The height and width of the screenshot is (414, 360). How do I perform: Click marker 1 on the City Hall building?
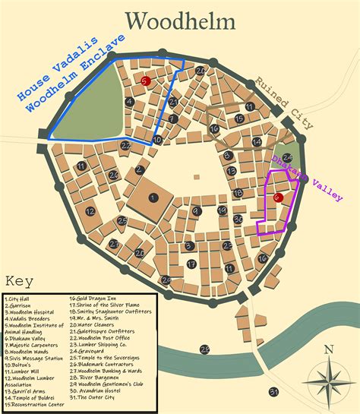[x=153, y=198]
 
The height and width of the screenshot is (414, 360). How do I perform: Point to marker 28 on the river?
[x=204, y=349]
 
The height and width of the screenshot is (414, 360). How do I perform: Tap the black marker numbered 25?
[x=123, y=221]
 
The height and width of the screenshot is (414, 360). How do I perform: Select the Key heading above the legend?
[x=18, y=280]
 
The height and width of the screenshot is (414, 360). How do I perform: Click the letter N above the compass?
[x=327, y=350]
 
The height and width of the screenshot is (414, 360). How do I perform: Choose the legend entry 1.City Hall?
[x=21, y=299]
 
